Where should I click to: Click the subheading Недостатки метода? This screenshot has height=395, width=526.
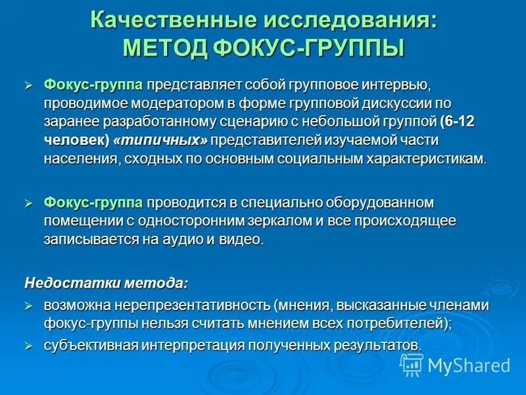106,283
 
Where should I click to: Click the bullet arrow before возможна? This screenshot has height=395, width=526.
28,305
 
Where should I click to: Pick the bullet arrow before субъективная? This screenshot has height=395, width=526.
28,345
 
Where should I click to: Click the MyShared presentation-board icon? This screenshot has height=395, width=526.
412,364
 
